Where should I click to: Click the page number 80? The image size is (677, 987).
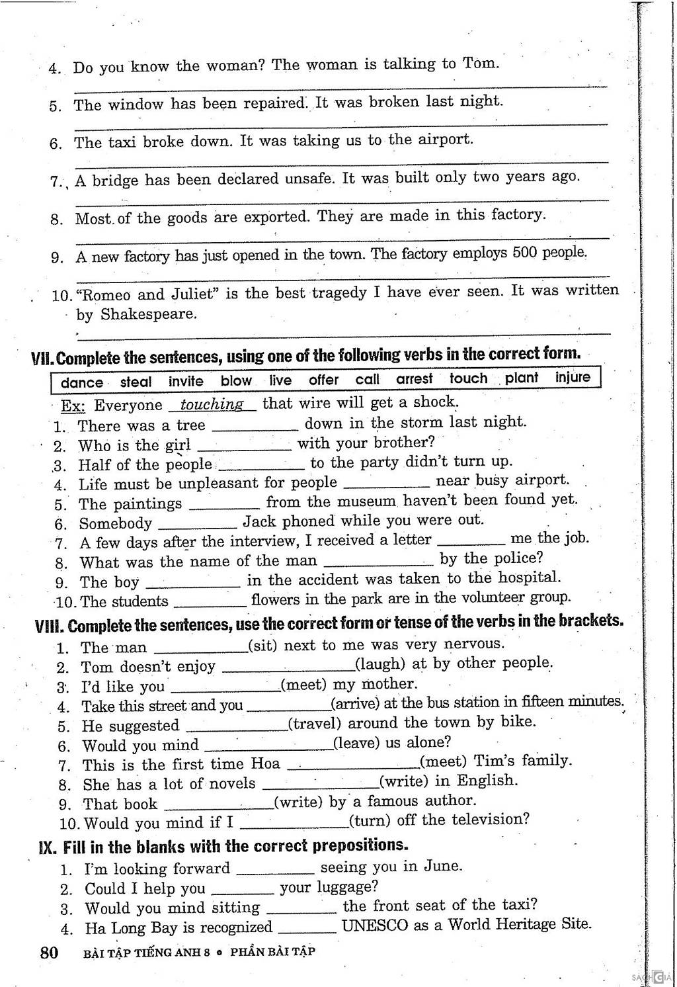[x=49, y=953]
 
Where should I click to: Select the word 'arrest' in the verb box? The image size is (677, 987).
[x=414, y=379]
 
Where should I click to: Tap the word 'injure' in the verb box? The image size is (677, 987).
[x=573, y=377]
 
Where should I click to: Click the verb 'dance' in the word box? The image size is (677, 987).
[x=81, y=382]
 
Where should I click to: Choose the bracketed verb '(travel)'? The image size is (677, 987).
[x=315, y=723]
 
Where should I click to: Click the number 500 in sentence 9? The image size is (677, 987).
[x=526, y=253]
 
